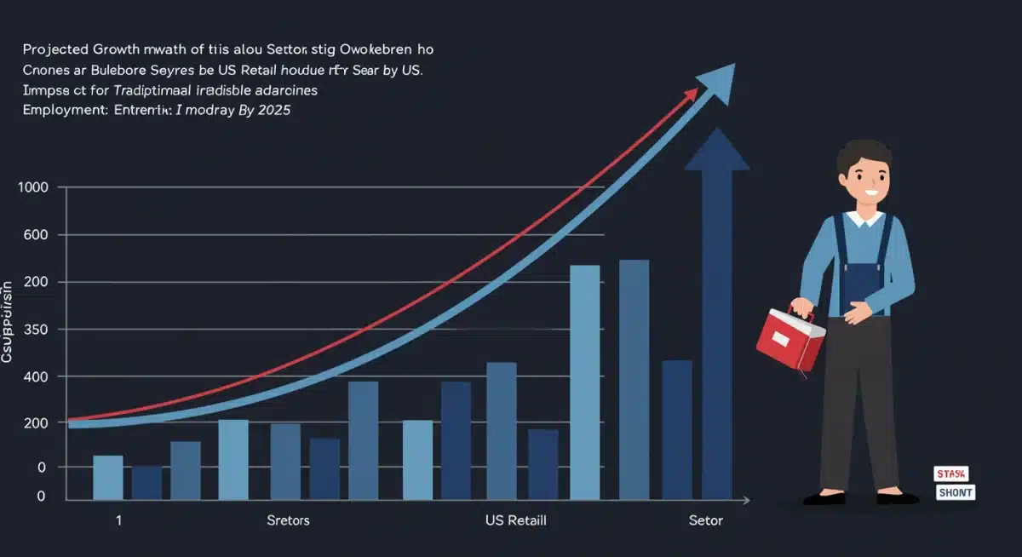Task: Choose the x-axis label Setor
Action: point(705,520)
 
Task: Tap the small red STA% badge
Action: point(950,474)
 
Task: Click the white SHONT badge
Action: point(955,492)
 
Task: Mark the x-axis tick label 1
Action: point(118,520)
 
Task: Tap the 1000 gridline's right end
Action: point(603,187)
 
